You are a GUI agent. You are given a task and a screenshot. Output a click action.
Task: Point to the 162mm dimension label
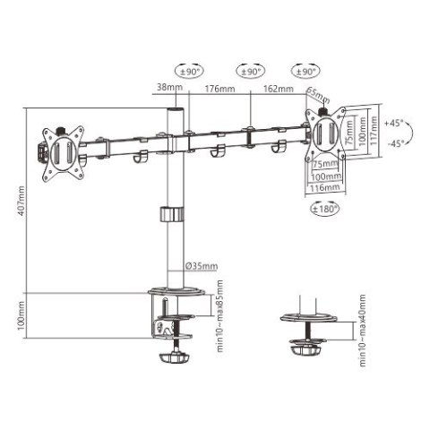coord(277,90)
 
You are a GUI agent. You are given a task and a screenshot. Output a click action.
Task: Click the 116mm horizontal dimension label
coord(326,189)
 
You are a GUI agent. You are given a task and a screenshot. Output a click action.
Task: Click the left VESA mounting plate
coord(62,148)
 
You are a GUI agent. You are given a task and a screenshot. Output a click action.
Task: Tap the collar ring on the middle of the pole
coord(170,215)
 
